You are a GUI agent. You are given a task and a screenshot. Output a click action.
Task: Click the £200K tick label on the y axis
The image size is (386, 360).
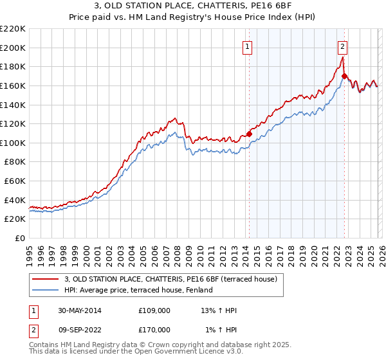tap(14, 48)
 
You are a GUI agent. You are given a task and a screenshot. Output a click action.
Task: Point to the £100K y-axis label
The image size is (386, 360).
tap(14, 143)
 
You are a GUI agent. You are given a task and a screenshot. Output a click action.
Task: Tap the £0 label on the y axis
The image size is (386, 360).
tap(20, 239)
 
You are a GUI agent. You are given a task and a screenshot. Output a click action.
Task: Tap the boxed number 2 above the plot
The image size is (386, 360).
tap(343, 46)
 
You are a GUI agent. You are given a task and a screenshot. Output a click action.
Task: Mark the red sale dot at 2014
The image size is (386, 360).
tap(249, 134)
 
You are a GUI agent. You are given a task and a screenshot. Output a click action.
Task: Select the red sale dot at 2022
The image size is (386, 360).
tap(344, 76)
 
